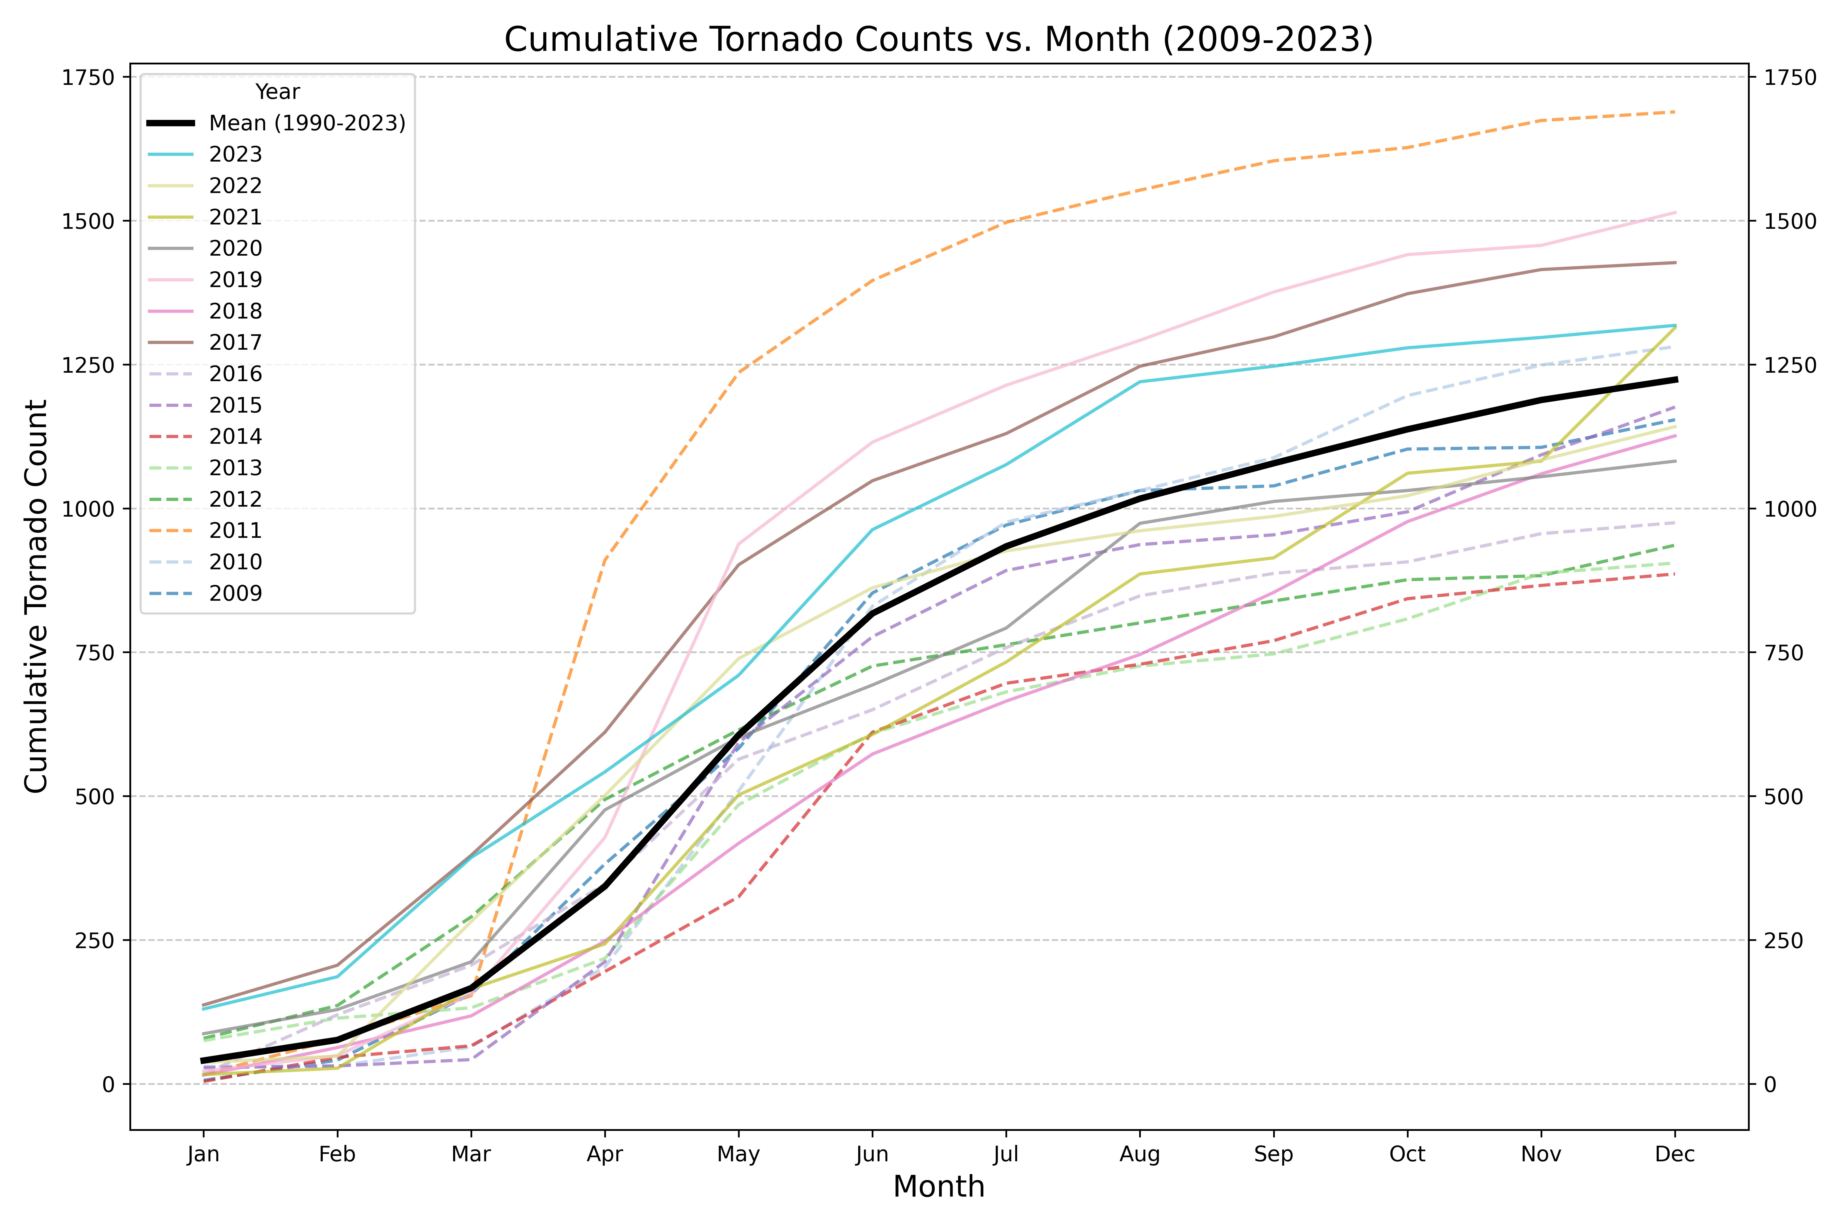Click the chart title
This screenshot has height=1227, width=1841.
click(x=938, y=39)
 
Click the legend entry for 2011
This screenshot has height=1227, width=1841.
click(x=235, y=531)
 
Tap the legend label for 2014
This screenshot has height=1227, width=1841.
click(x=235, y=437)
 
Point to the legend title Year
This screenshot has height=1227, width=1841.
click(x=277, y=92)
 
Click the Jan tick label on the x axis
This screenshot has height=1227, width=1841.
click(x=204, y=1154)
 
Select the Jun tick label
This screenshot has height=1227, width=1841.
click(x=872, y=1154)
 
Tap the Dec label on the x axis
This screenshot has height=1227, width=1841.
click(x=1675, y=1154)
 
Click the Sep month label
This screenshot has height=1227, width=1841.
click(x=1274, y=1154)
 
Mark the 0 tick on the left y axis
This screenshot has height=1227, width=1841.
click(x=108, y=1085)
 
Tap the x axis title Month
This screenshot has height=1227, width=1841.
click(x=938, y=1187)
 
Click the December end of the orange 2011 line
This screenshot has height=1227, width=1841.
click(x=1675, y=112)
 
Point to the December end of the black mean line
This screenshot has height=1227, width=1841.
click(x=1675, y=380)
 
